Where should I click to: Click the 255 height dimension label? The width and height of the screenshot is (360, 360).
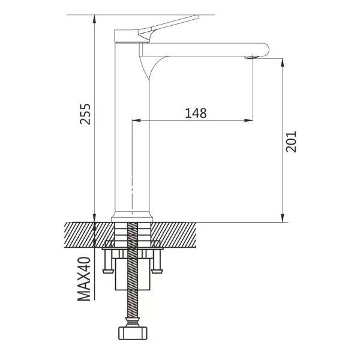point(85,114)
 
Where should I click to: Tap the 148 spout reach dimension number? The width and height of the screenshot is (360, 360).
point(196,113)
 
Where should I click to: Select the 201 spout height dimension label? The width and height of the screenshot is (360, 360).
point(292,142)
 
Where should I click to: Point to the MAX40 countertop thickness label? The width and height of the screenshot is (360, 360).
point(84,279)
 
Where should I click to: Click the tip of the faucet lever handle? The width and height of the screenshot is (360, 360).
point(197,17)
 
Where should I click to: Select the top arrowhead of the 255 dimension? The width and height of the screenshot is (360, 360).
point(94,19)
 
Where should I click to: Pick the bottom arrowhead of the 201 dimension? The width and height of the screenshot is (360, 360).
point(283,218)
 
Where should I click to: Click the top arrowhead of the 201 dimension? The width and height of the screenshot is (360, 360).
point(283,62)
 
